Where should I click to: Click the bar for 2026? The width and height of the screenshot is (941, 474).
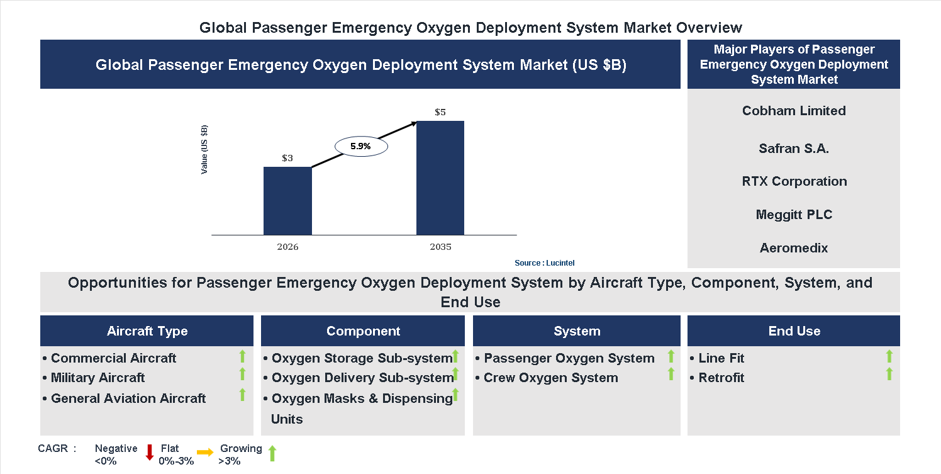(x=287, y=201)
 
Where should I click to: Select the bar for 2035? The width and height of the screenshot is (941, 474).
(x=440, y=178)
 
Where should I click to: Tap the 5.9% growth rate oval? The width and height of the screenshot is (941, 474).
(x=360, y=146)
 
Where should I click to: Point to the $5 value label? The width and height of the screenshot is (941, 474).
(x=440, y=113)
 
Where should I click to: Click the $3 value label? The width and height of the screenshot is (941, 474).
(x=287, y=159)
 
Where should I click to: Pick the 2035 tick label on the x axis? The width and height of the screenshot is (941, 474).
(x=440, y=247)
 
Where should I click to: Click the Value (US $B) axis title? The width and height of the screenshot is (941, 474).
(x=204, y=150)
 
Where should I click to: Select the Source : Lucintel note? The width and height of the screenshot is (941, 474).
(x=544, y=263)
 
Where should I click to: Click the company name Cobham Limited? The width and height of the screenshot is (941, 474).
(x=794, y=111)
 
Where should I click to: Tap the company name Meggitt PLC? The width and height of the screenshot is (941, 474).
(x=794, y=215)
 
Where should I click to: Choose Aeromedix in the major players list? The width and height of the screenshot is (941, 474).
(x=794, y=248)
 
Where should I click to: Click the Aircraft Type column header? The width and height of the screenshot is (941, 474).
(x=147, y=331)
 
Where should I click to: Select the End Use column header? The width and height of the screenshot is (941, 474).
(x=794, y=331)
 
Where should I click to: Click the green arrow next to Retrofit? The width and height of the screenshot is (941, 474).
(x=889, y=375)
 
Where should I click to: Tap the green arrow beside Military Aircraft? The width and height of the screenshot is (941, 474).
(x=242, y=375)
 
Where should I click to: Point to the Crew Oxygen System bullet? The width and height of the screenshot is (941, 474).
(x=550, y=378)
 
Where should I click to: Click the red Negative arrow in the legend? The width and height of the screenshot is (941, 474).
(x=150, y=453)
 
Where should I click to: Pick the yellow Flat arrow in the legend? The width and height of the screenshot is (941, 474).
(x=205, y=452)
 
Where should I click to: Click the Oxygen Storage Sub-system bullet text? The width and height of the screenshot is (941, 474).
(x=362, y=358)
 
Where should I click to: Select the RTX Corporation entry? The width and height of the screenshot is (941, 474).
(x=794, y=181)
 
